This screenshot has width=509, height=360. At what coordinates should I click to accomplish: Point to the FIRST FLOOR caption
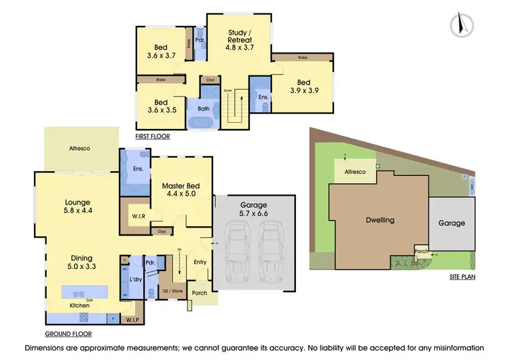point(153,137)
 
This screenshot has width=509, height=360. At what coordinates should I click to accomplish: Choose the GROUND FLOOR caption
point(69,334)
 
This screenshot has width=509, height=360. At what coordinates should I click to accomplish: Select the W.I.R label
point(138,217)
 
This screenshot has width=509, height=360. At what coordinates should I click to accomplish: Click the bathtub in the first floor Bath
point(204,123)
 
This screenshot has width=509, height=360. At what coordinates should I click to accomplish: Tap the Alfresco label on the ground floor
point(79,147)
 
